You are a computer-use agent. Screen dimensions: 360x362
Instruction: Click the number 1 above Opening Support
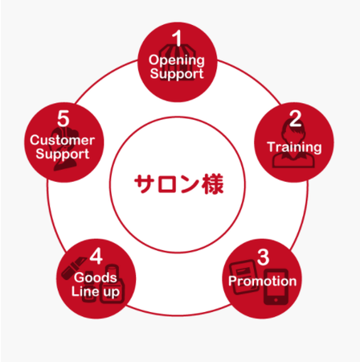(x=177, y=38)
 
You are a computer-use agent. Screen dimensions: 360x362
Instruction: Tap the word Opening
(x=177, y=60)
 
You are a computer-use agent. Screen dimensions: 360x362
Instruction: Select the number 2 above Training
(x=295, y=118)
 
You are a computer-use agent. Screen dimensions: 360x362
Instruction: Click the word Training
(x=294, y=147)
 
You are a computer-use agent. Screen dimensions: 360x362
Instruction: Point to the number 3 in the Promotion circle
(x=263, y=257)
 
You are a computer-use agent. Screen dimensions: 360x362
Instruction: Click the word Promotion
(x=263, y=281)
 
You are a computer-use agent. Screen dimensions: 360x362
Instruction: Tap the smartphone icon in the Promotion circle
(x=276, y=287)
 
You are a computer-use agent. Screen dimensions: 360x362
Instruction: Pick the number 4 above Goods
(x=96, y=256)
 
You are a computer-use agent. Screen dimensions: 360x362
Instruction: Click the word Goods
(x=96, y=278)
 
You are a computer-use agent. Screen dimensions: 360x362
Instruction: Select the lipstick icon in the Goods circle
(x=73, y=267)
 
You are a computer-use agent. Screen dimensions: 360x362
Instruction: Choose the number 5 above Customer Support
(x=63, y=118)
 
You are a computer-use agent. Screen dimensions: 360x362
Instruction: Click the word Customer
(x=62, y=140)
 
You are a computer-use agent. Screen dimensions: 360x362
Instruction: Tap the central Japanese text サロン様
(x=178, y=184)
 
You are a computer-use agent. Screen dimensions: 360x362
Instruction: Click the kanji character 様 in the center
(x=213, y=184)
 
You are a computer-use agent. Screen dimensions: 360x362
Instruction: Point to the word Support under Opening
(x=177, y=74)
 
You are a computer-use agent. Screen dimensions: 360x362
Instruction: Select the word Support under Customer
(x=63, y=154)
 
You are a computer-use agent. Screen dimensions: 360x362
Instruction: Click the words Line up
(x=96, y=292)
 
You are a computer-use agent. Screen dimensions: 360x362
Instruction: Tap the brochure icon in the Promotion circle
(x=243, y=277)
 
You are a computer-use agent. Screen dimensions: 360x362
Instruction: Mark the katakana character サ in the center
(x=145, y=184)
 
